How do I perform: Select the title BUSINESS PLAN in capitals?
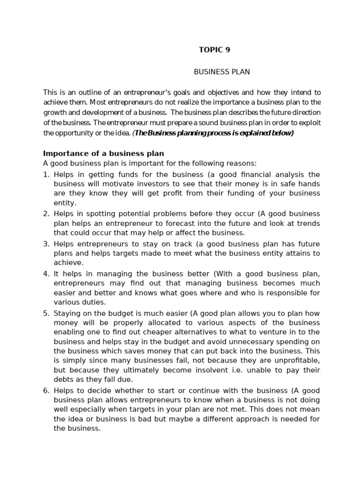(222, 72)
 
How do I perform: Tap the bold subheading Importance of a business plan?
(104, 154)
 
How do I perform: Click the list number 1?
(46, 174)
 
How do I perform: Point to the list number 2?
(46, 214)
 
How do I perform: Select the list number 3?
(46, 244)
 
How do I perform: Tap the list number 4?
(46, 274)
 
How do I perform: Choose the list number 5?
(46, 313)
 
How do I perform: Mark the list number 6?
(46, 390)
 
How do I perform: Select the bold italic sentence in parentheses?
(213, 133)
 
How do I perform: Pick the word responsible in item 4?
(284, 293)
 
